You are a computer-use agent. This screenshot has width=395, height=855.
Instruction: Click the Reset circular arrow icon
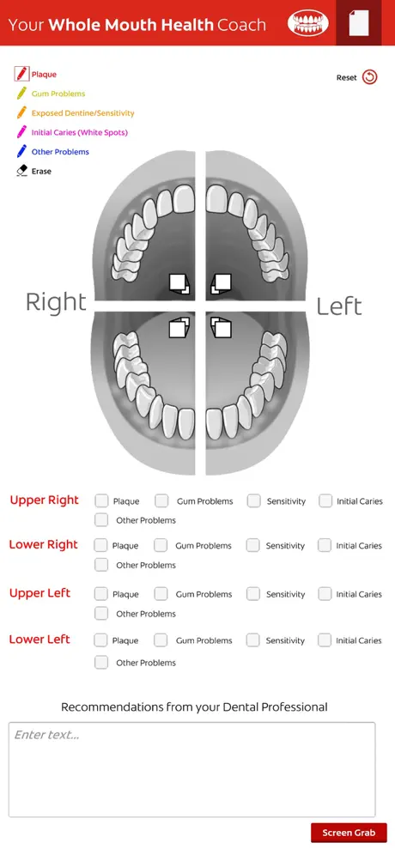pos(369,77)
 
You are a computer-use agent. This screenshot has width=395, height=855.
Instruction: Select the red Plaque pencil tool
pos(21,74)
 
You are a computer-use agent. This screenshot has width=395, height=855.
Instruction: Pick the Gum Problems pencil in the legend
pos(21,94)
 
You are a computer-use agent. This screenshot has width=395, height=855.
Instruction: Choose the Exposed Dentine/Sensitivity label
pos(83,113)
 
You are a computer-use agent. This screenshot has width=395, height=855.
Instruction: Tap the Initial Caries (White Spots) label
pos(80,132)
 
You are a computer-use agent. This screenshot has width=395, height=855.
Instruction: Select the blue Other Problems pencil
pos(21,151)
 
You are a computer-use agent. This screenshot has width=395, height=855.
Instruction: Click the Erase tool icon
pos(21,171)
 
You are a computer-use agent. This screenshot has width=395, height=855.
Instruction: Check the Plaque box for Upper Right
pos(101,500)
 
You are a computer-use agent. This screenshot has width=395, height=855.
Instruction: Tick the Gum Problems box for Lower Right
pos(161,545)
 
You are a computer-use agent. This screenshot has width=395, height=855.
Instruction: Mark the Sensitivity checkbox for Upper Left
pos(253,594)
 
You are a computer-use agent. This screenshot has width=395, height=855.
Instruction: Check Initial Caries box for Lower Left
pos(325,640)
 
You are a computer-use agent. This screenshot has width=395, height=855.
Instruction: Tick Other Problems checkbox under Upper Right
pos(101,519)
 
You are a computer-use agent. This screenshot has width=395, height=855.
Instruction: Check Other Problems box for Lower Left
pos(101,662)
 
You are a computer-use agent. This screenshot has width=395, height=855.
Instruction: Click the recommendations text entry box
pos(192,769)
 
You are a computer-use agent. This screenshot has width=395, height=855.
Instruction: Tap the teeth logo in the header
pos(308,23)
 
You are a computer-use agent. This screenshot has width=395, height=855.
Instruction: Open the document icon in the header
pos(358,23)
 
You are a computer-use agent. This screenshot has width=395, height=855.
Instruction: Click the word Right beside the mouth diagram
pos(56,303)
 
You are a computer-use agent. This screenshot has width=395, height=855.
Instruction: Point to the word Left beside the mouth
pos(339,306)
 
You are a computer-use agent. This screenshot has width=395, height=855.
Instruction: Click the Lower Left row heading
pos(39,640)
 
